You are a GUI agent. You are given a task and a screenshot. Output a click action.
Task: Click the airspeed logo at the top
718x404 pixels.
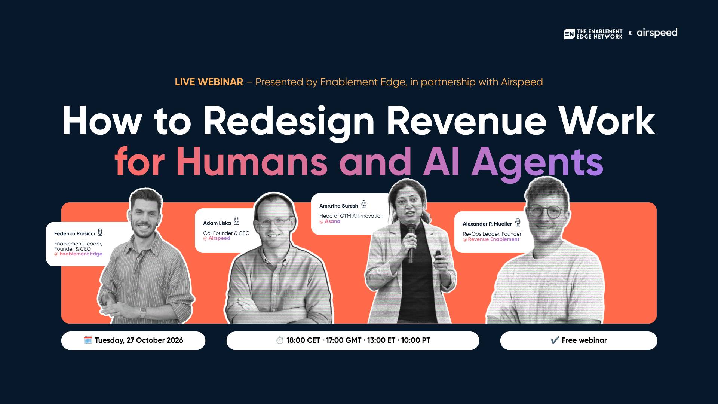657,33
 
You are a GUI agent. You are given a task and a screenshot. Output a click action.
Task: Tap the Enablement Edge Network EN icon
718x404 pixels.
569,34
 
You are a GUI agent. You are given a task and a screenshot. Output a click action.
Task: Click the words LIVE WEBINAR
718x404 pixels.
209,82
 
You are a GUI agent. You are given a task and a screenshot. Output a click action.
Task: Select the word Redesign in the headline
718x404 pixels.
288,122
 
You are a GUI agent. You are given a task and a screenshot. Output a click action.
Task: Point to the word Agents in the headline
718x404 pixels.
537,163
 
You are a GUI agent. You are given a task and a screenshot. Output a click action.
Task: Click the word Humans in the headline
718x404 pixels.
252,162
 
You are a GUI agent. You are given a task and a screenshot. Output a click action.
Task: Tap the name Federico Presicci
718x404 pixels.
74,233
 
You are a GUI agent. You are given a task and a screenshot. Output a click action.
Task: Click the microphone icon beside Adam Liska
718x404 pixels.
236,221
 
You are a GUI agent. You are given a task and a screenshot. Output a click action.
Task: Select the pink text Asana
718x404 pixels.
332,221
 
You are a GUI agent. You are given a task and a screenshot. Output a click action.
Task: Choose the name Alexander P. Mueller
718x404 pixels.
487,224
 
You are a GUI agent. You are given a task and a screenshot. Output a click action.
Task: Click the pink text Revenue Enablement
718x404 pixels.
494,239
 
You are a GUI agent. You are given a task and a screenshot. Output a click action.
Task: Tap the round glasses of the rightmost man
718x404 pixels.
546,211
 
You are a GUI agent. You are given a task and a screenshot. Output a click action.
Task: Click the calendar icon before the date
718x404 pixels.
88,340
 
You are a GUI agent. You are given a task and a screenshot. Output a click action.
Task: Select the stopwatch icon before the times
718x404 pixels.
280,340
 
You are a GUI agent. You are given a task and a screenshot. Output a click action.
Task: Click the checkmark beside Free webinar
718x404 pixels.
555,340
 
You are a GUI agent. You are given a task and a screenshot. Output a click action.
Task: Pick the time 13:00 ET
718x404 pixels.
381,340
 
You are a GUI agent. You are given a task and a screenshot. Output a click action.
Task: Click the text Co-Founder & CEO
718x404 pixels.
226,233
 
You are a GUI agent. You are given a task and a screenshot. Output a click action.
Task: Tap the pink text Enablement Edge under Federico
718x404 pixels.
81,254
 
